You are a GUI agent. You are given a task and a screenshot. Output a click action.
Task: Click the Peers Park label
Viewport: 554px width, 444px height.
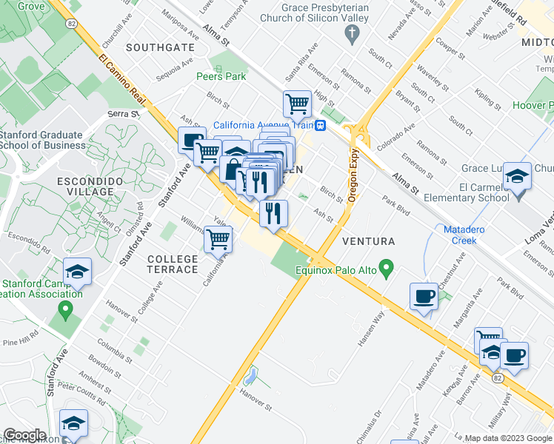[221, 76]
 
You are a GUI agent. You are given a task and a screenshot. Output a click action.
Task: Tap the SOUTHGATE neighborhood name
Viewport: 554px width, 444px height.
[159, 47]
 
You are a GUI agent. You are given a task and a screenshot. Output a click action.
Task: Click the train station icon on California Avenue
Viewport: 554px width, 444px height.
[321, 125]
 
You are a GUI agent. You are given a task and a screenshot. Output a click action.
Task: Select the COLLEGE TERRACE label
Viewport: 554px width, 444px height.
[173, 264]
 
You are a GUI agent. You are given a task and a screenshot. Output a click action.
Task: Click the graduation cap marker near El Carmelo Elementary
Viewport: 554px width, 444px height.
[517, 176]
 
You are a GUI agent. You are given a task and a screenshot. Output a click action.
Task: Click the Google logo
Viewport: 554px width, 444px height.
[24, 435]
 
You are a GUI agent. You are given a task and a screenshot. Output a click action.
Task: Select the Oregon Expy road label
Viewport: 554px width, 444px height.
[353, 173]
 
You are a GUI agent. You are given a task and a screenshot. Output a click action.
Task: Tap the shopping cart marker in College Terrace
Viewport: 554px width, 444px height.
[218, 239]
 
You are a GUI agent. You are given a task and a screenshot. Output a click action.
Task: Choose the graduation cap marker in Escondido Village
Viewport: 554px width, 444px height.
[77, 272]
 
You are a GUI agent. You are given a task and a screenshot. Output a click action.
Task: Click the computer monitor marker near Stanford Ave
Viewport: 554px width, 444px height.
[192, 139]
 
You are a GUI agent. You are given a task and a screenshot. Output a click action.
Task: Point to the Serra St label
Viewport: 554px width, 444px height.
[123, 114]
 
